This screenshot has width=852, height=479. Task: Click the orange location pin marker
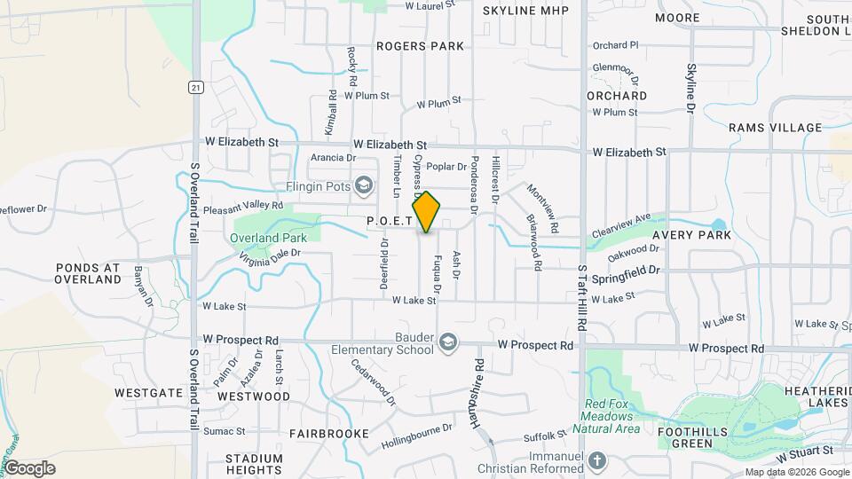pyautogui.click(x=427, y=213)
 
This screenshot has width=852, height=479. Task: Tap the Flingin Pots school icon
pyautogui.click(x=362, y=185)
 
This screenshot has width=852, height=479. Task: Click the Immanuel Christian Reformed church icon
pyautogui.click(x=597, y=460)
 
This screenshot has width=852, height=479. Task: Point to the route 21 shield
pyautogui.click(x=195, y=86)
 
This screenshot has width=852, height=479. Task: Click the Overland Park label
pyautogui.click(x=267, y=238)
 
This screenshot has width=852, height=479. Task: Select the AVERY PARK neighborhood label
pyautogui.click(x=691, y=235)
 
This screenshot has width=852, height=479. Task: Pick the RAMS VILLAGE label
pyautogui.click(x=776, y=128)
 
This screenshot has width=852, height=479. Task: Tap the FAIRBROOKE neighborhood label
pyautogui.click(x=328, y=434)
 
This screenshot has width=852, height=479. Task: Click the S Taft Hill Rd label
pyautogui.click(x=583, y=297)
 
